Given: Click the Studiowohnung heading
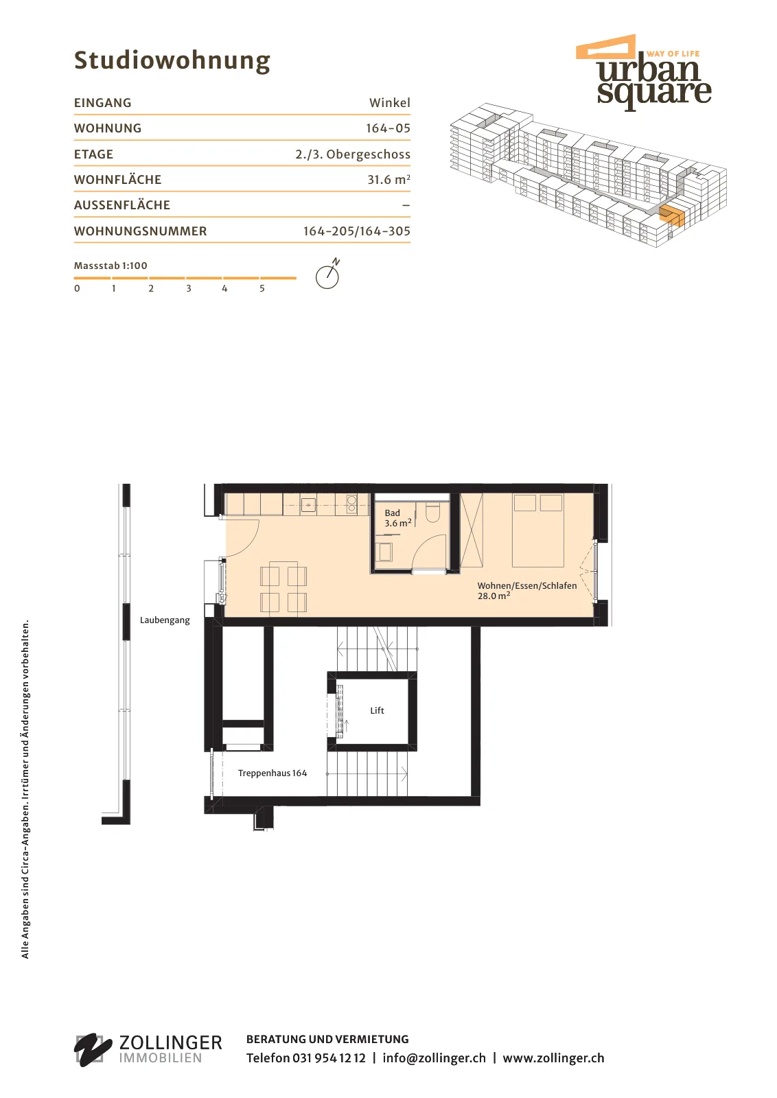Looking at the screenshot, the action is point(172,61).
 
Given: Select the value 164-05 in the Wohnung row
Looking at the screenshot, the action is point(388,128).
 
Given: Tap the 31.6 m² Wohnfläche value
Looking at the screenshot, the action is point(388,179).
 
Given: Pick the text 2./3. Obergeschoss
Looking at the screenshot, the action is point(353,154).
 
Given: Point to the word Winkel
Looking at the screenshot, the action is point(390,103).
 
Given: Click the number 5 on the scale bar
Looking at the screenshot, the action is point(262,288).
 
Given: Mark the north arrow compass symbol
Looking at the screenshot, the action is point(328,274).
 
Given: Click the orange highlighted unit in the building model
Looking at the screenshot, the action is point(671,215).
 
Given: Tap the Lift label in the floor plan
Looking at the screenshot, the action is point(377,710).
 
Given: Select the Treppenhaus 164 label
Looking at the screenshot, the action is point(272,773).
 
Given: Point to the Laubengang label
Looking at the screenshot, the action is point(165,620).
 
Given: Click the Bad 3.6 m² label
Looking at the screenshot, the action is point(397,517).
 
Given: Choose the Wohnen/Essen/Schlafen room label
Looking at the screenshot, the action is point(527,590).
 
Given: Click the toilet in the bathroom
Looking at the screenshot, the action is point(432,512).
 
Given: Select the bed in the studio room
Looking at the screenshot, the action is point(537,530).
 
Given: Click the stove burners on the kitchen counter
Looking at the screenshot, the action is point(351,504).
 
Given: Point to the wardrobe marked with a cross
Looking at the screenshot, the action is point(472,530).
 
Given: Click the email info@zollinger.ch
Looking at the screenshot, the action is point(434,1058).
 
